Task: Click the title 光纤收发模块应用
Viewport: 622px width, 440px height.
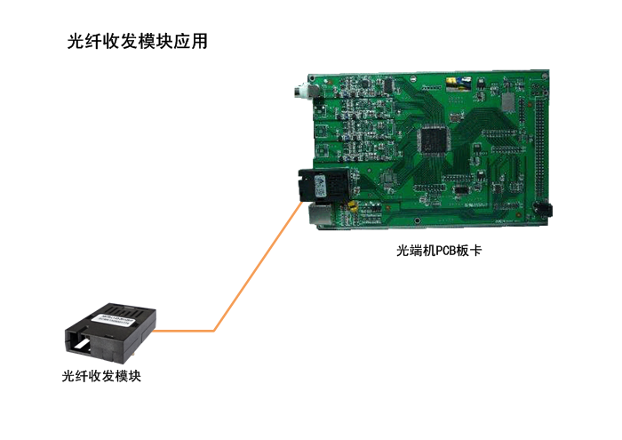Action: pos(137,41)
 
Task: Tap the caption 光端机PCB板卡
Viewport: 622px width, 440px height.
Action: pos(439,251)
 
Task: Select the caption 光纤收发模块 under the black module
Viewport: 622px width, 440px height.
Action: pos(101,376)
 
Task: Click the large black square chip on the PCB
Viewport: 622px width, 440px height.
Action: pos(433,140)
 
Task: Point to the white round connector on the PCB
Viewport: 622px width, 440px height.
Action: pos(300,91)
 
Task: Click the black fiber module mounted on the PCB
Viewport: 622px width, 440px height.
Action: pos(323,186)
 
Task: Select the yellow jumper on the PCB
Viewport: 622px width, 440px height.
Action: pos(352,206)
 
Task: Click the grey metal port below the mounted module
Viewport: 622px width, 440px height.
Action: pos(320,214)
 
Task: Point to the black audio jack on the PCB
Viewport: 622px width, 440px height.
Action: pos(543,209)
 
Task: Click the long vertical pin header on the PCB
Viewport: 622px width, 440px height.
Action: pos(539,148)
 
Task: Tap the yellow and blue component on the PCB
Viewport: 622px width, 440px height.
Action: pos(459,83)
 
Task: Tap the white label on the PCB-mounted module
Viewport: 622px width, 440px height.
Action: pos(320,185)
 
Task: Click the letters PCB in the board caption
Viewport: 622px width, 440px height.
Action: pos(446,252)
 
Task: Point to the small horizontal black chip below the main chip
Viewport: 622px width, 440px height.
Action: pos(460,189)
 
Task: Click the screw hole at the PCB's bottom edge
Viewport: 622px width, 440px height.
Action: pos(417,220)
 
